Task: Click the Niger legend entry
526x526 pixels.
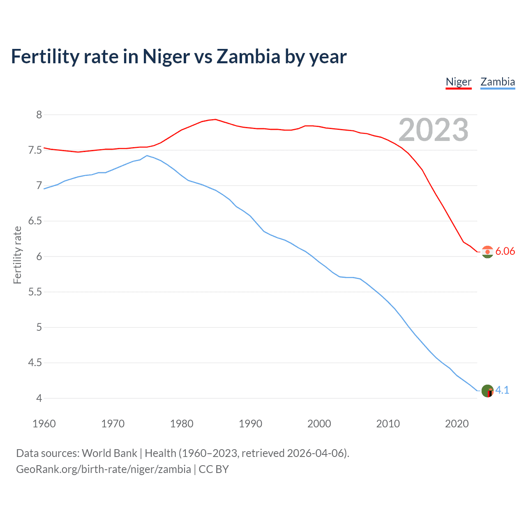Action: coord(458,82)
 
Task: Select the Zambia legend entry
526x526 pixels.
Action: coord(498,82)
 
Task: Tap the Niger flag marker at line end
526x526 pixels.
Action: coord(487,251)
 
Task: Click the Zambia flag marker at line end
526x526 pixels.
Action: coord(487,391)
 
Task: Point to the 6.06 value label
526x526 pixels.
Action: coord(505,251)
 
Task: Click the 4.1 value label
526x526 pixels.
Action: coord(502,390)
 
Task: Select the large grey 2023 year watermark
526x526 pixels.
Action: coord(433,130)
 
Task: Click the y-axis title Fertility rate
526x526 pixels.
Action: coord(17,255)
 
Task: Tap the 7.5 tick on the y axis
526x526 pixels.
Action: coord(35,150)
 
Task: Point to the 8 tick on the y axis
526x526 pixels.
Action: coord(39,115)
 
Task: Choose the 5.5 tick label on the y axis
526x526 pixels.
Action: coord(35,292)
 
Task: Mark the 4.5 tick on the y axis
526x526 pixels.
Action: coord(35,363)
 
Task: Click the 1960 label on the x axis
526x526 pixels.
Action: coord(44,424)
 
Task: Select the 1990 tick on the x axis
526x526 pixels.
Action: coord(250,424)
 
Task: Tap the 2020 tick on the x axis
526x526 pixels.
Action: coord(457,424)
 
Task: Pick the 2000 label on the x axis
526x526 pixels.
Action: coord(319,424)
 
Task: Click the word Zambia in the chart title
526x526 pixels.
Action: coord(248,57)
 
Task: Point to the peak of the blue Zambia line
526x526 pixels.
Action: coord(147,156)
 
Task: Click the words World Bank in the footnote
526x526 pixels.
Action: coord(109,453)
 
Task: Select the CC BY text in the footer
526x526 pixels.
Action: coord(214,469)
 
